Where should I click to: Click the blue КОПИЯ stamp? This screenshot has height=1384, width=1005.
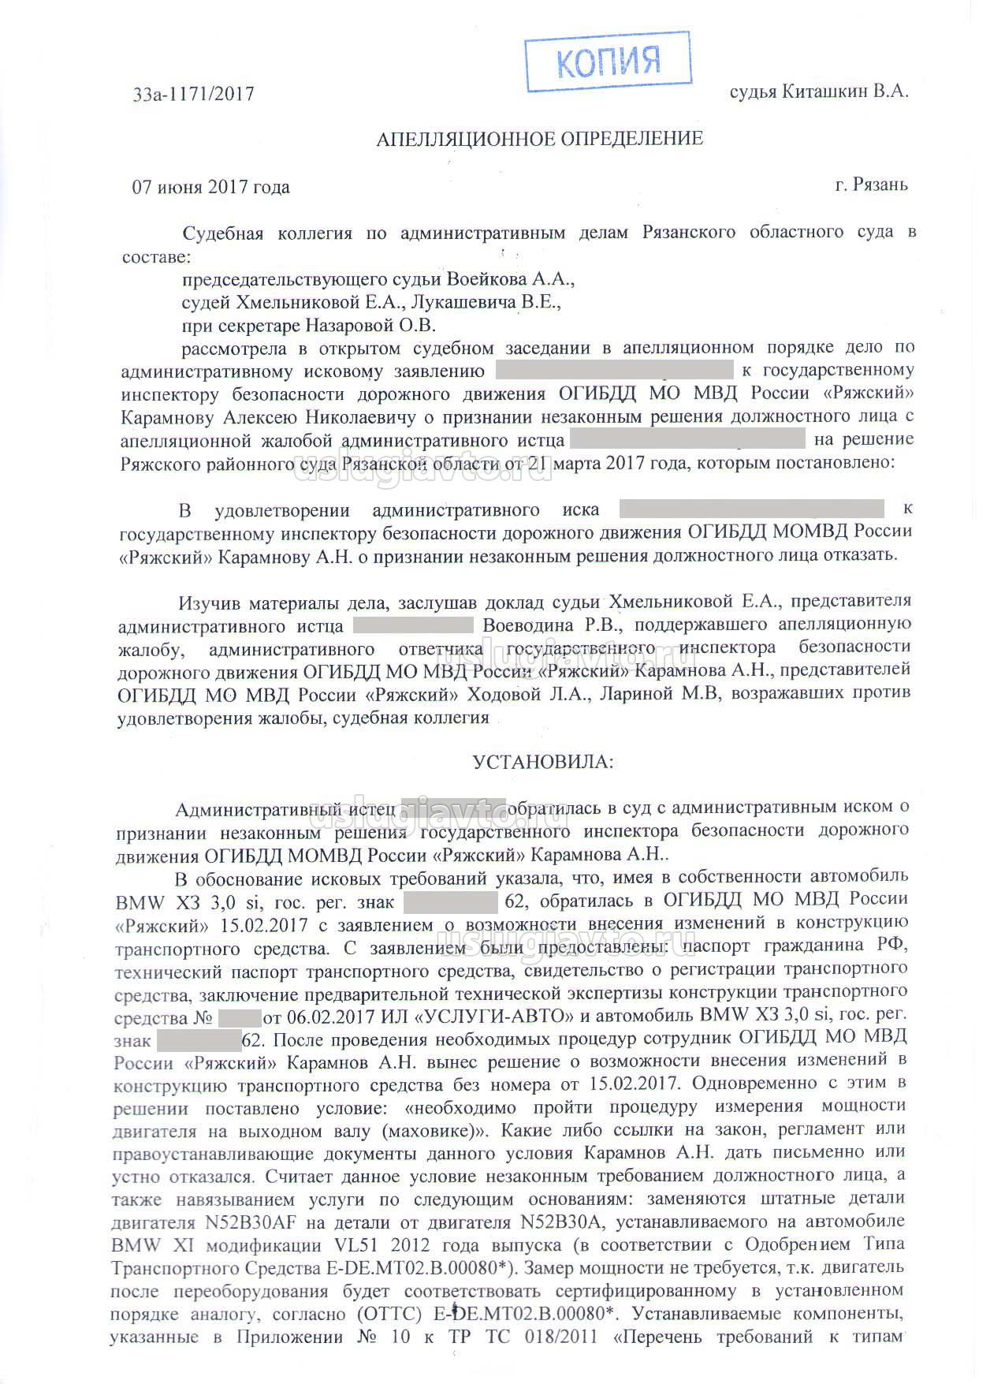[608, 61]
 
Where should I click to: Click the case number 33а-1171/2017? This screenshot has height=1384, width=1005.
[193, 94]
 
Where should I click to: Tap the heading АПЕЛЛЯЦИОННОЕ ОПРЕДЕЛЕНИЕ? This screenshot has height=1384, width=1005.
[540, 140]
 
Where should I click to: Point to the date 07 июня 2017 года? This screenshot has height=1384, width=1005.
[210, 188]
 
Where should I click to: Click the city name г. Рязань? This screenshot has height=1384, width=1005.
[871, 185]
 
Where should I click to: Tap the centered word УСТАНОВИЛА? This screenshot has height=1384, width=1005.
[542, 762]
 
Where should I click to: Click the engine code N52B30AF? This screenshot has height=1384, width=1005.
[244, 1223]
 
